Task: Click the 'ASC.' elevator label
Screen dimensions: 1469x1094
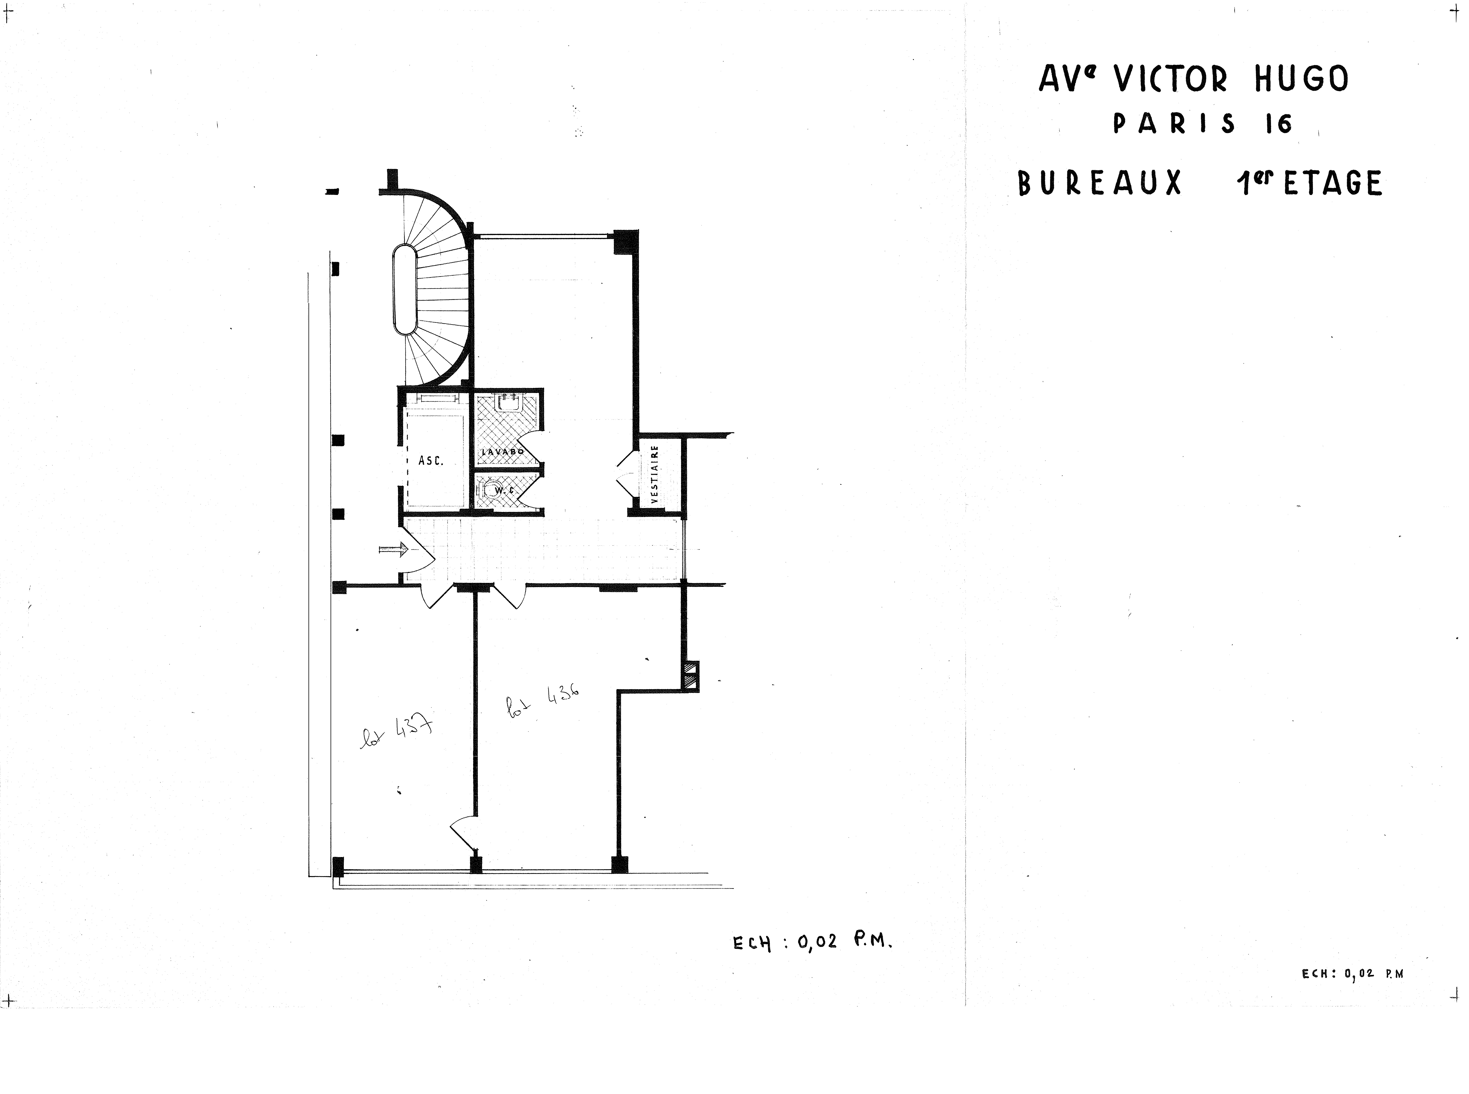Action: pos(430,460)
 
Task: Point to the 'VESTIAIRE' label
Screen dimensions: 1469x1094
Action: pos(655,475)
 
